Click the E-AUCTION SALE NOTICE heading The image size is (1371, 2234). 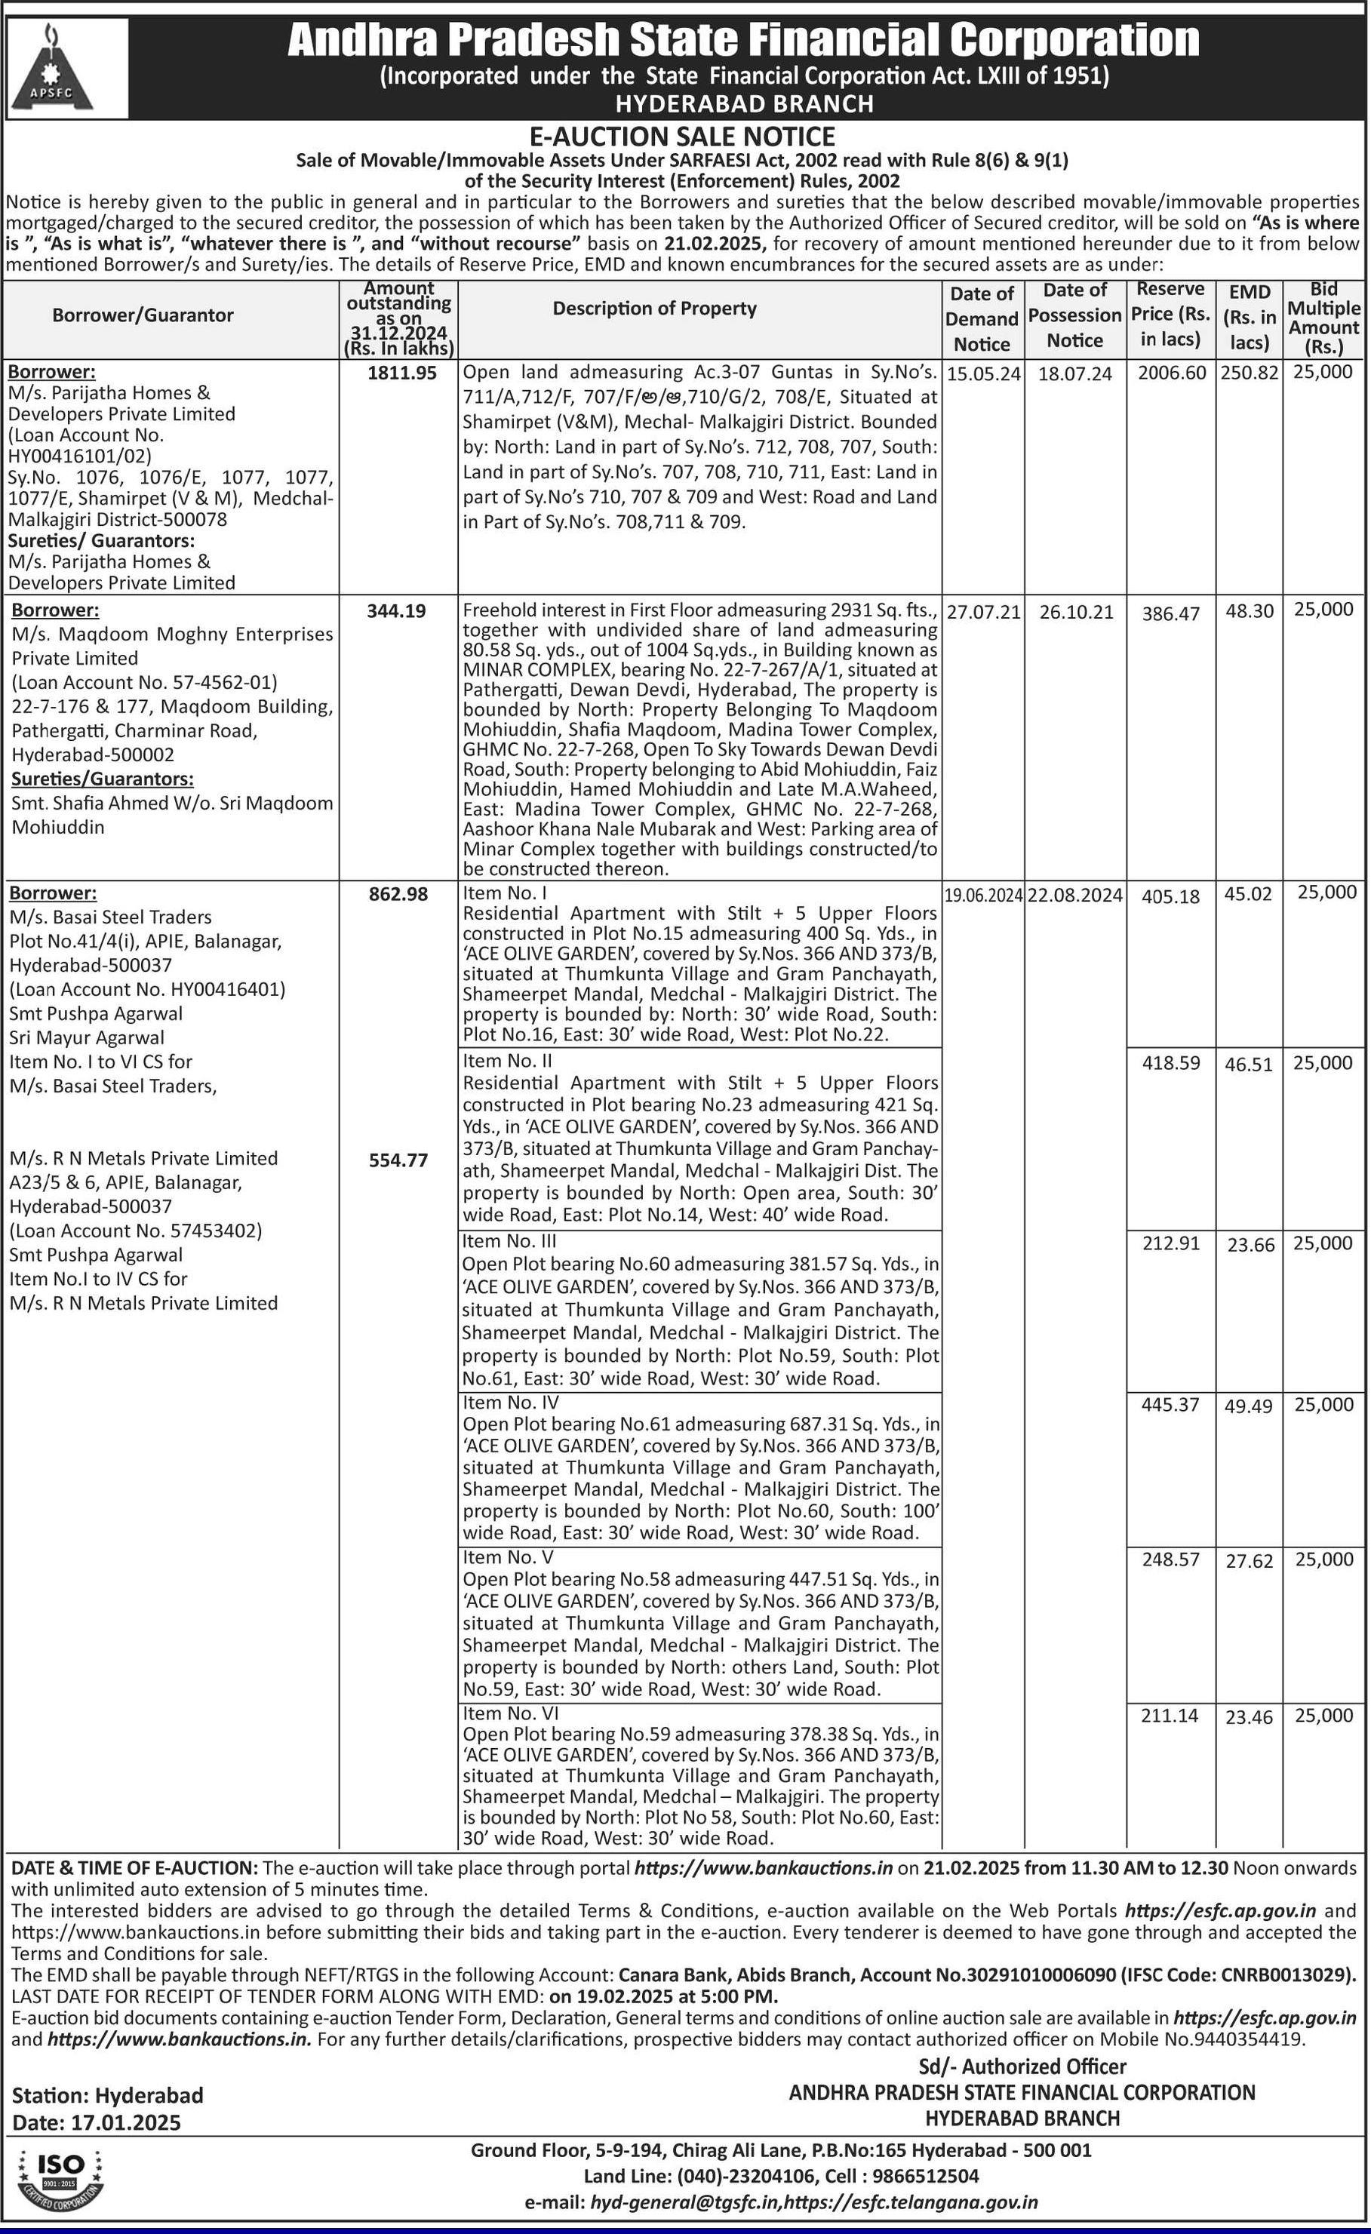pyautogui.click(x=682, y=137)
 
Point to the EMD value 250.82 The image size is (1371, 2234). pyautogui.click(x=1249, y=373)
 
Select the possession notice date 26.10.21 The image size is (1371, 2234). pyautogui.click(x=1075, y=612)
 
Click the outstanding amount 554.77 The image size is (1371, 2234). pyautogui.click(x=398, y=1160)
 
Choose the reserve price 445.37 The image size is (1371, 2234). pyautogui.click(x=1170, y=1404)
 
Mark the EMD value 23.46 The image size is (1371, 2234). pyautogui.click(x=1249, y=1717)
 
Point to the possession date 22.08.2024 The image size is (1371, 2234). pyautogui.click(x=1075, y=896)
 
